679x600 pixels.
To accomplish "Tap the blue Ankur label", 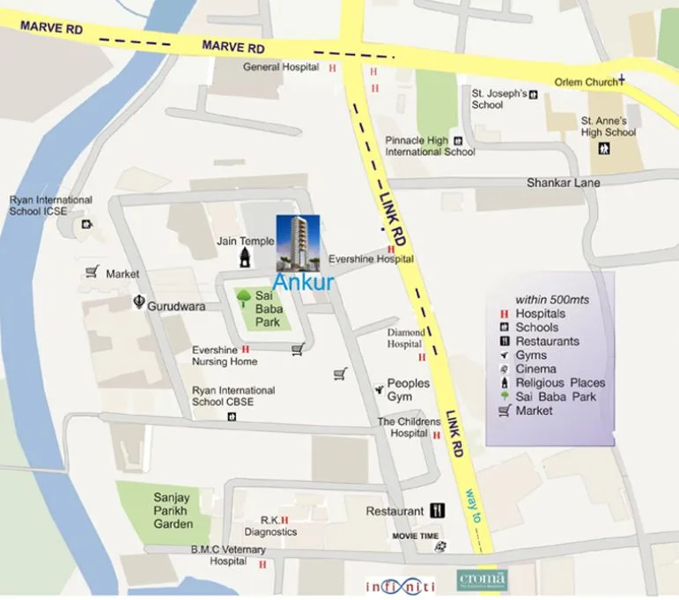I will pos(303,283).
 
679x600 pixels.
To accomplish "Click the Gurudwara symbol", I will pos(137,302).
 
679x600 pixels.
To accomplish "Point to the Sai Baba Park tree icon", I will pos(244,298).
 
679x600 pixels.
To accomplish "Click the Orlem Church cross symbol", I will pos(621,80).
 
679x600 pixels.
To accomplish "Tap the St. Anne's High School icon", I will pos(607,147).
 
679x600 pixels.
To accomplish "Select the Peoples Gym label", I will pos(409,389).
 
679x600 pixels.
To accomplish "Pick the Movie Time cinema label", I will pos(415,536).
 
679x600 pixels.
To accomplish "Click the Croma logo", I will pos(482,581).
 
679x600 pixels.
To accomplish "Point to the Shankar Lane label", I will pos(563,182).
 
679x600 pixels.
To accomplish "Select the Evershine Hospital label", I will pos(371,259).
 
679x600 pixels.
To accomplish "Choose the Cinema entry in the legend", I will pos(535,369).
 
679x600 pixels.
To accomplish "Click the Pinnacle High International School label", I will pos(429,145).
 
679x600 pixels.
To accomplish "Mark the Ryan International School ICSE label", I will pos(50,205).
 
